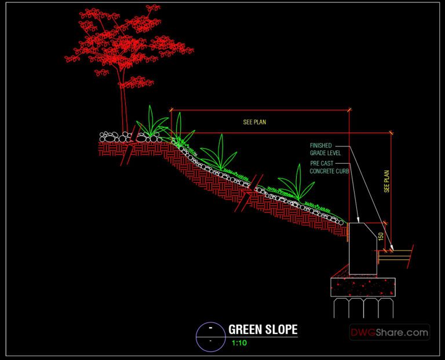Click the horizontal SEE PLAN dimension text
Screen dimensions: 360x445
tap(254, 122)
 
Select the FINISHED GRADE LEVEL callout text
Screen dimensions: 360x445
tap(325, 149)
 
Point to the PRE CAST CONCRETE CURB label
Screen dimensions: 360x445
tap(329, 167)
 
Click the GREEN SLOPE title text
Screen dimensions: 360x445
tap(262, 330)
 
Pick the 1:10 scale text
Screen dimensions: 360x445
tap(239, 343)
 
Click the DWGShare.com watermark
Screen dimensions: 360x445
tap(389, 333)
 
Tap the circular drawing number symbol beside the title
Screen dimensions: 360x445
tap(210, 336)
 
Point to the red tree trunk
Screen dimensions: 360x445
tap(123, 107)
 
